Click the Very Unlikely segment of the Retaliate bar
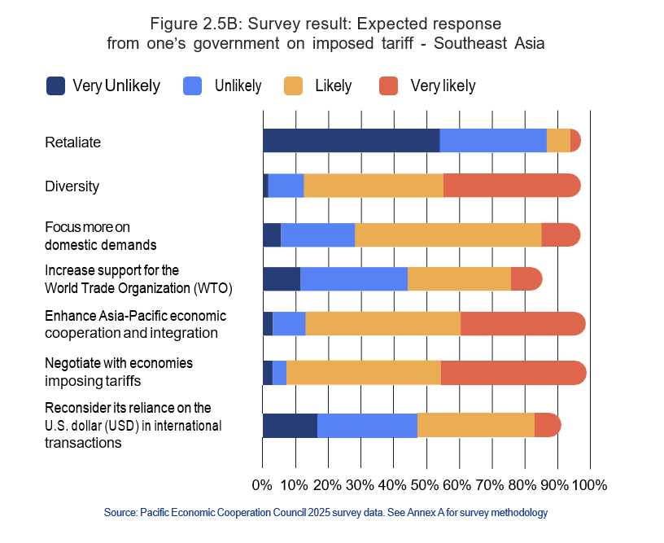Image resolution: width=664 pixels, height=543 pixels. tap(351, 141)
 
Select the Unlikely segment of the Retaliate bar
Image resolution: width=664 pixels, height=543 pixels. tap(492, 141)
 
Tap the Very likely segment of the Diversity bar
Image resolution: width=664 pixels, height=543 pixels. tap(512, 186)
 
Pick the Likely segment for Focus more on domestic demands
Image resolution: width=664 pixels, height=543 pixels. tap(448, 234)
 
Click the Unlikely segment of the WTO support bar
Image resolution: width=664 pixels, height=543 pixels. tap(353, 278)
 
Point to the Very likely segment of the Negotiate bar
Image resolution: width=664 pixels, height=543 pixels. tap(513, 373)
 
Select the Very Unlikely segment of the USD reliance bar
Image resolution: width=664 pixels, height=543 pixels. tap(290, 426)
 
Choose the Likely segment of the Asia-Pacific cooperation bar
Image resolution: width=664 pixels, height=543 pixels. tap(382, 323)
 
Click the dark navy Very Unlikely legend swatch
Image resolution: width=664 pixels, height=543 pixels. tap(55, 85)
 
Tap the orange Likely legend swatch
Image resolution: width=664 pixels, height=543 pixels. tap(294, 85)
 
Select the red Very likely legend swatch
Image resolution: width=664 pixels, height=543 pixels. tap(389, 85)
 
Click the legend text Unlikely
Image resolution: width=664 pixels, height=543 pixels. tap(238, 85)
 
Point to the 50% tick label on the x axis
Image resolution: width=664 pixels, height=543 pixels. tap(426, 485)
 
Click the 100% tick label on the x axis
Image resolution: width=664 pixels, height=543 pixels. tap(589, 485)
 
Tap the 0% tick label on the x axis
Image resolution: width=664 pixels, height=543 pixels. tap(262, 485)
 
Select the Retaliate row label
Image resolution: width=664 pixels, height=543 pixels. tap(72, 142)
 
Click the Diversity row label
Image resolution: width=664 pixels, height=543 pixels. tap(72, 186)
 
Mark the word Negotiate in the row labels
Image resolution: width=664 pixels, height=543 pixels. tap(74, 362)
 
